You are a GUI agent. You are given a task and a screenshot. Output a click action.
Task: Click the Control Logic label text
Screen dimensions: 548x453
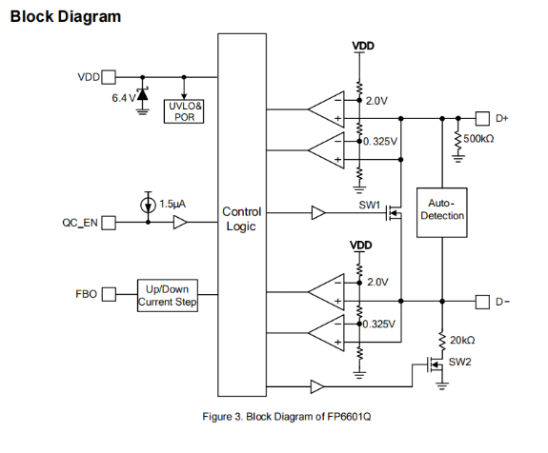point(241,219)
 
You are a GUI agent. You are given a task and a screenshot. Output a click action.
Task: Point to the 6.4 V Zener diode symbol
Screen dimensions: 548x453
point(142,94)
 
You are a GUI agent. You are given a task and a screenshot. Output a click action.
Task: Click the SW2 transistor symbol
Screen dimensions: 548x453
point(435,365)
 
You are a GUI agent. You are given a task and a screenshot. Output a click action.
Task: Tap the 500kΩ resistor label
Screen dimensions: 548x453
point(478,139)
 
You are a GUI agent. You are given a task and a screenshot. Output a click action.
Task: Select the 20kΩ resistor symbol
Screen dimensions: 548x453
point(442,342)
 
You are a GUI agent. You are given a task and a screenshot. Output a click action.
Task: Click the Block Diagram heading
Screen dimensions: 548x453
point(66,17)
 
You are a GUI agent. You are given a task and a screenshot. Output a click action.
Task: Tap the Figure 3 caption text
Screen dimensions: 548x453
point(287,417)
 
